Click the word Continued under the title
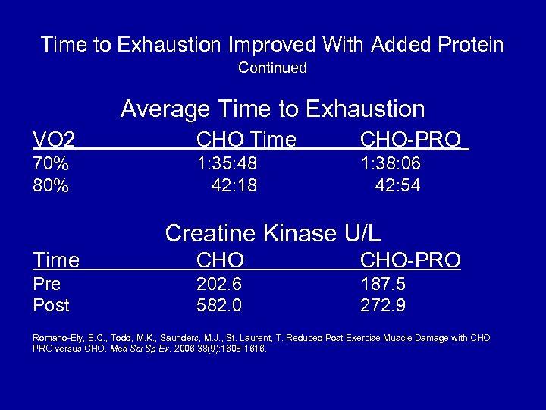[272, 68]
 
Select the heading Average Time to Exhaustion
[272, 109]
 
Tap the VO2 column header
[54, 139]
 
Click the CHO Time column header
[246, 139]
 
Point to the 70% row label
[51, 164]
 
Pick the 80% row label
[51, 185]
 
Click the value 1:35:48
[227, 164]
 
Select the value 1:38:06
[391, 164]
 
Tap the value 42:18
[234, 185]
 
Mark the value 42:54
[397, 185]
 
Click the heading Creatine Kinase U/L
[272, 233]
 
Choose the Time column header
[56, 260]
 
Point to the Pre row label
[47, 284]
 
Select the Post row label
[51, 305]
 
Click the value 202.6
[220, 284]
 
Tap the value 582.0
[220, 305]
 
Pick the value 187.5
[383, 284]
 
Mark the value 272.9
[383, 305]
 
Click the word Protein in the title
[466, 45]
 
